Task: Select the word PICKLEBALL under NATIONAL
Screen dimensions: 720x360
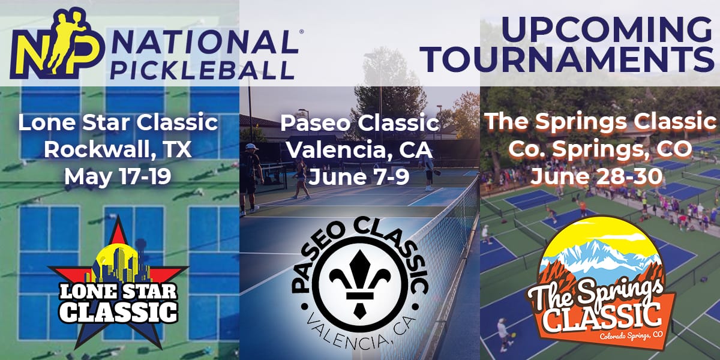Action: tap(203, 70)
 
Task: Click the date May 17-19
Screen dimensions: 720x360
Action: tap(118, 177)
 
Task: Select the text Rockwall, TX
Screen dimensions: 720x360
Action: tap(118, 149)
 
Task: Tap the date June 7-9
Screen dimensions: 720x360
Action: tap(359, 177)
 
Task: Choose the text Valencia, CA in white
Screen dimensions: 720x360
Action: tap(359, 150)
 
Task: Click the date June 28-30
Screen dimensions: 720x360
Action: tap(596, 176)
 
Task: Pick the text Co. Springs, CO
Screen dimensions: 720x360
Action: tap(600, 149)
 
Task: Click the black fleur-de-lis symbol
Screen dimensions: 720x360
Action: tap(360, 283)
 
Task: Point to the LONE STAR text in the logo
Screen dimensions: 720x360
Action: tap(118, 291)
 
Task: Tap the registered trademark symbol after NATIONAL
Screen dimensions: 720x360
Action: tap(301, 31)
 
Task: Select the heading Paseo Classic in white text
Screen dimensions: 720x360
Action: tap(359, 123)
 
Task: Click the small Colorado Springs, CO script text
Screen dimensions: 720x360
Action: tap(631, 335)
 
